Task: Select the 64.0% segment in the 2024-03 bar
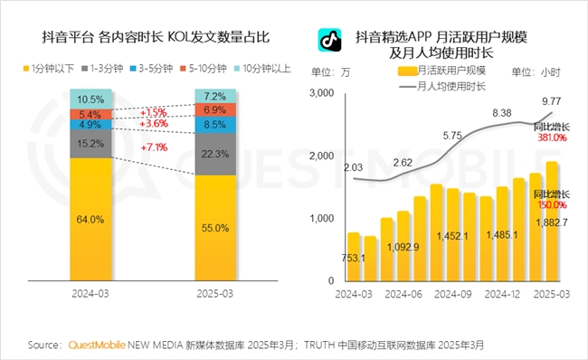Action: (x=84, y=217)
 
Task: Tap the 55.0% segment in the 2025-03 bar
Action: (x=213, y=229)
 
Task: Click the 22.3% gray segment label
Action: (x=213, y=155)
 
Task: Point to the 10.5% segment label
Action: (x=84, y=99)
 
